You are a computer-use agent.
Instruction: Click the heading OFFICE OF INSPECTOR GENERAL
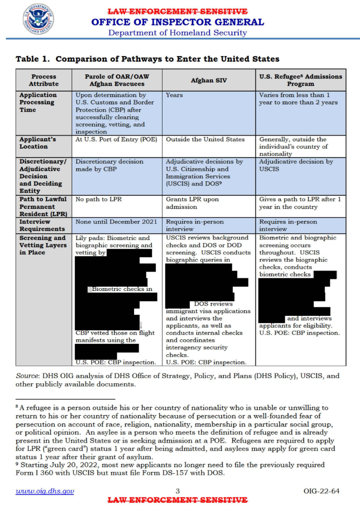tap(177, 22)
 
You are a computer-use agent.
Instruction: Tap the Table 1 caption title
tap(148, 59)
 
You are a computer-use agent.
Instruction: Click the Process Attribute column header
tap(44, 80)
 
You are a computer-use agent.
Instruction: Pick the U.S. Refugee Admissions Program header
tap(300, 80)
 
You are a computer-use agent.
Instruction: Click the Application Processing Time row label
tap(38, 102)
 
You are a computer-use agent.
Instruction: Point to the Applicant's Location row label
tap(37, 143)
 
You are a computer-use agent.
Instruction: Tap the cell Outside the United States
tap(205, 140)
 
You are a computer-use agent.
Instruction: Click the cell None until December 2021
tap(116, 222)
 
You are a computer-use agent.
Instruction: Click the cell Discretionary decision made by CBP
tap(109, 165)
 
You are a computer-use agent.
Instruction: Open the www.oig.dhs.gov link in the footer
tap(45, 491)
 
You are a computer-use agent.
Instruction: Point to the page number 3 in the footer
tap(177, 491)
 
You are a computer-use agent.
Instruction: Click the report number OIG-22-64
tap(322, 491)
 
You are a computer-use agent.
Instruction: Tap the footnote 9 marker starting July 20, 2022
tap(17, 464)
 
